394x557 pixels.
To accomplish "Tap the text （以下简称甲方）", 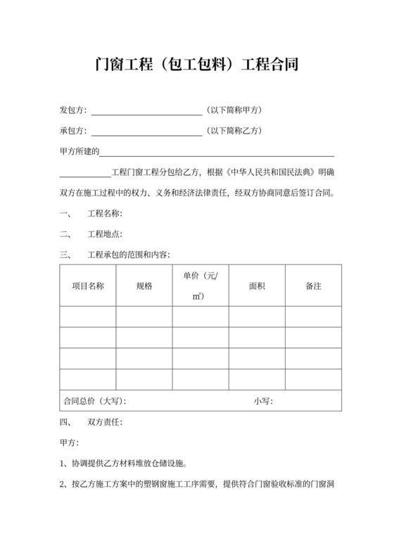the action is pos(233,110).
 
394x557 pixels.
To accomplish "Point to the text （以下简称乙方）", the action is pos(233,131).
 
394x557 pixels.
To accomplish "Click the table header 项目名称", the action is pos(89,286).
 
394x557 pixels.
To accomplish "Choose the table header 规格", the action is pos(144,286).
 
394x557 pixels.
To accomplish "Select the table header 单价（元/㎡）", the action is pos(201,286).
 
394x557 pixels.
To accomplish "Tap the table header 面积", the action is pos(257,286).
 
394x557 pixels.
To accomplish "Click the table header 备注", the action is pos(313,286).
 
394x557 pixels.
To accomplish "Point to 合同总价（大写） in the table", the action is pos(94,401).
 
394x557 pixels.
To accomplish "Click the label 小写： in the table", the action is pos(263,401).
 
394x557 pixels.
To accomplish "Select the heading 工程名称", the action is pos(105,214).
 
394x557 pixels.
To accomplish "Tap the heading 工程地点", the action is pos(105,234).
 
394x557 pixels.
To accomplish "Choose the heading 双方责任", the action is pos(105,423).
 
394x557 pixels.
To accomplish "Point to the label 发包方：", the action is pos(74,110).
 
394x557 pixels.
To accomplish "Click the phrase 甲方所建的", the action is pos(80,151).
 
